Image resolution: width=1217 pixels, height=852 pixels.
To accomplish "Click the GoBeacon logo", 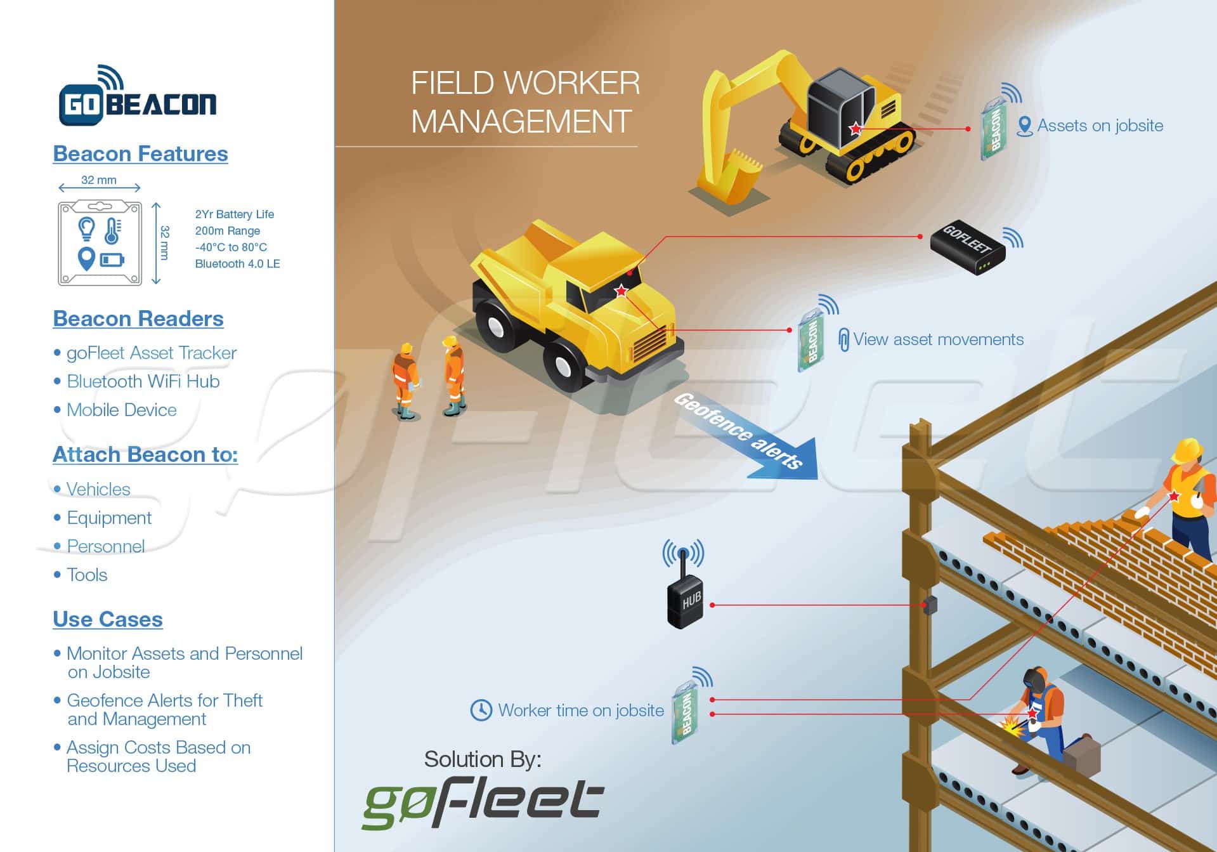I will [x=138, y=98].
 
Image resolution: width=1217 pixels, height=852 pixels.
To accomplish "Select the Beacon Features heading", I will [x=140, y=154].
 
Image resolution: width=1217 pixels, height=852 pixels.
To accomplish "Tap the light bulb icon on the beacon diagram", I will [x=86, y=227].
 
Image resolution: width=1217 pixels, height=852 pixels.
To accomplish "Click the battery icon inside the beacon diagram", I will [x=112, y=259].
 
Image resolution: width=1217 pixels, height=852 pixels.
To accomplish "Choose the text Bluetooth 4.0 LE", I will [x=237, y=264].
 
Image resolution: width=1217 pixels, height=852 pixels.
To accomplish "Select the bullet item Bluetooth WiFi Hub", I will [x=143, y=381].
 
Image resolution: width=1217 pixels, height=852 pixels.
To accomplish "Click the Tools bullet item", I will [x=87, y=575].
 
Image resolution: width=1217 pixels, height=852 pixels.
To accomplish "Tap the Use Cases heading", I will [x=108, y=619].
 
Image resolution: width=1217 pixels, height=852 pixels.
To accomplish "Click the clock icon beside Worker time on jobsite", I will [x=481, y=710].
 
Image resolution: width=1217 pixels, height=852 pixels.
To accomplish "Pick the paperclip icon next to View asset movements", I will [x=843, y=339].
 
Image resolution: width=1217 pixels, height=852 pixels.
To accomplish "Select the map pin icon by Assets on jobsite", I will [x=1024, y=126].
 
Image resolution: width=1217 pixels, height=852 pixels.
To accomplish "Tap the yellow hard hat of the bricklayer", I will [x=1187, y=450].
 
